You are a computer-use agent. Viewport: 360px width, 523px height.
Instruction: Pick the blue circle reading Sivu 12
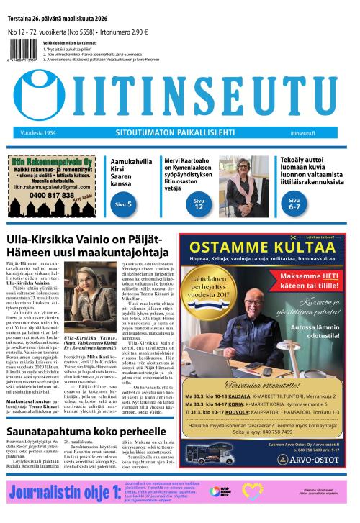tap(199, 206)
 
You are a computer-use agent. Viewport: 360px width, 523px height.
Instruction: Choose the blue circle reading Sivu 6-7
tap(294, 204)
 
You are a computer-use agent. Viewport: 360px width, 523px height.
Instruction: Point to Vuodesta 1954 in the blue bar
tap(32, 133)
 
